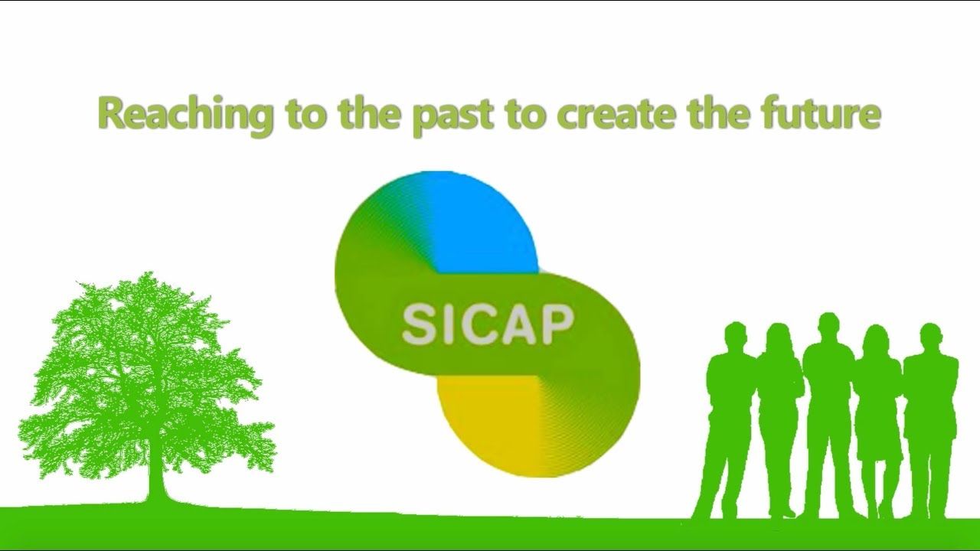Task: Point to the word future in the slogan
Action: point(822,112)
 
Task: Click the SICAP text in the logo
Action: point(488,325)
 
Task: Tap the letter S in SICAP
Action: point(419,325)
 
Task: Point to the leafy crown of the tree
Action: point(146,376)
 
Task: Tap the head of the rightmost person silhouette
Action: point(930,337)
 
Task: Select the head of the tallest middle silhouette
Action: point(828,327)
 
